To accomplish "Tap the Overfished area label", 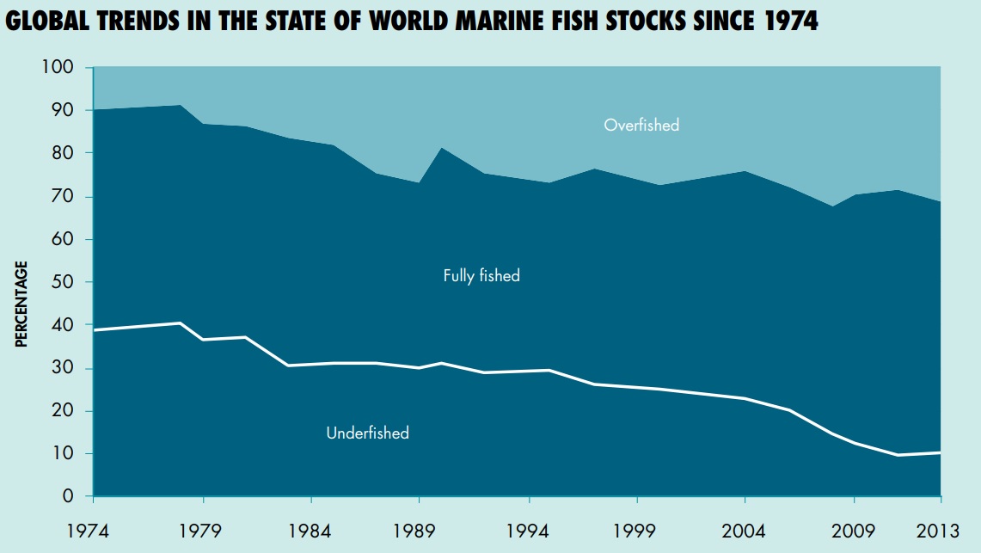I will pos(641,126).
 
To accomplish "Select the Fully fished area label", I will pos(481,276).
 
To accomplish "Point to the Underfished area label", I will pos(367,433).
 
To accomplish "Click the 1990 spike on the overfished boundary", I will pos(442,149).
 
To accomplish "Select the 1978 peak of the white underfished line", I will pos(180,323).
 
